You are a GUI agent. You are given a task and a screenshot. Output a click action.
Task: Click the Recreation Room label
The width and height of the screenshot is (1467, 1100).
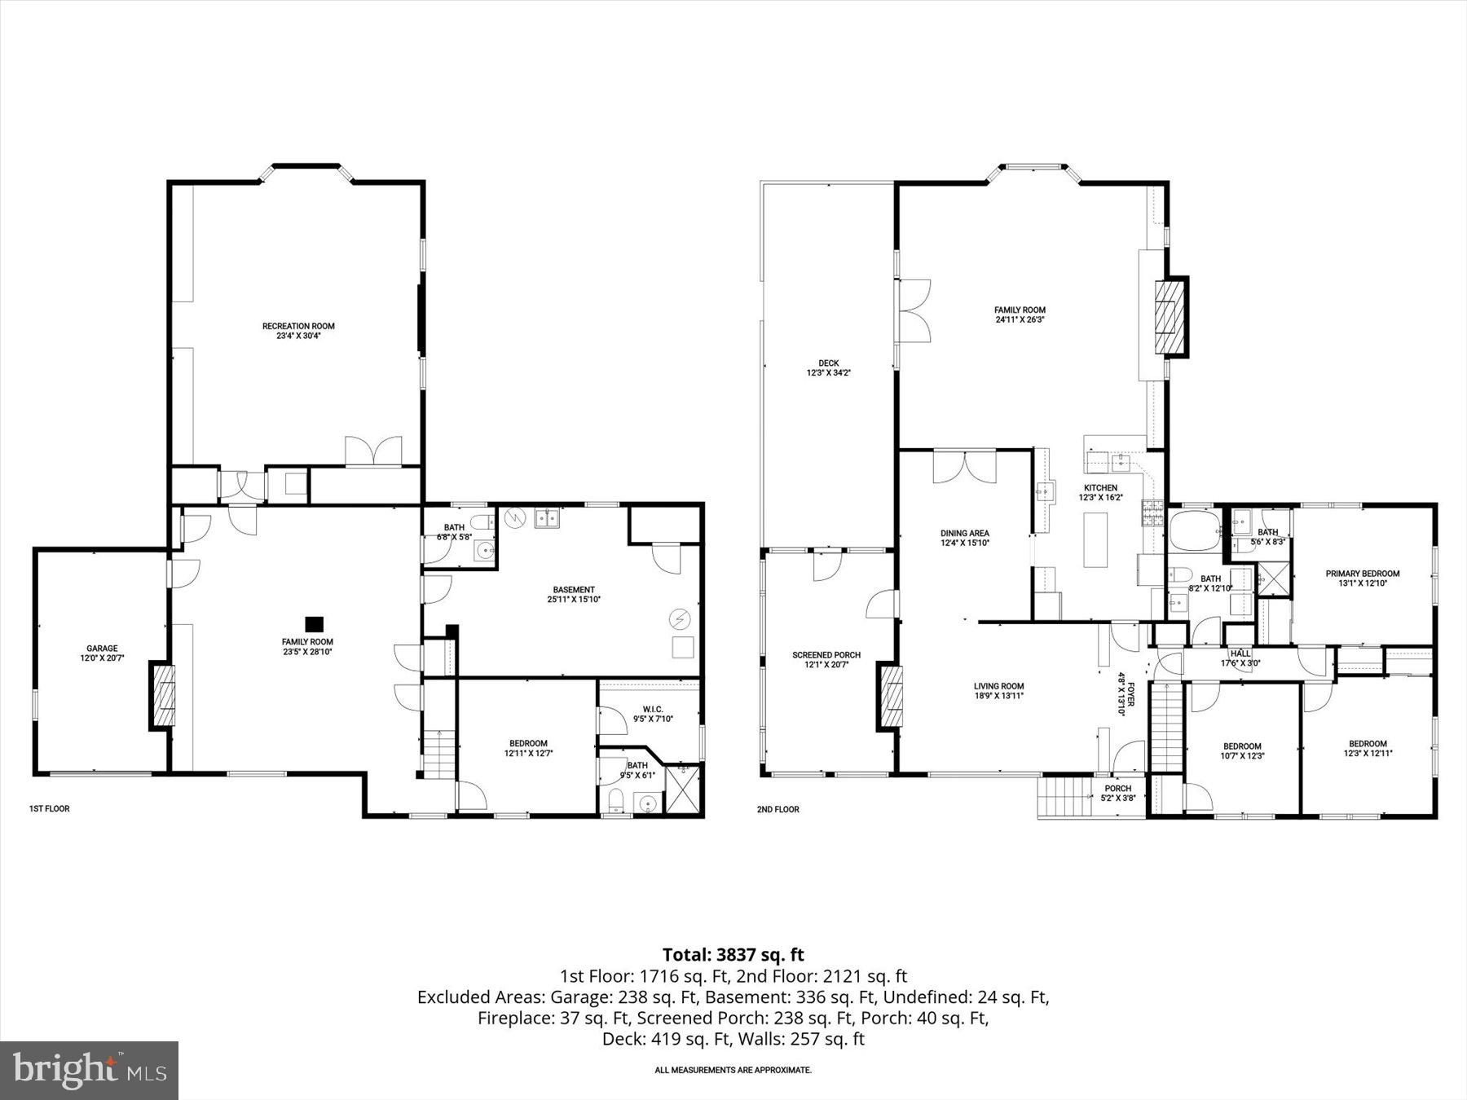point(298,330)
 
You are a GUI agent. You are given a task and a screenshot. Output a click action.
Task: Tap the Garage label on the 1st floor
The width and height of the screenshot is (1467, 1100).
point(102,653)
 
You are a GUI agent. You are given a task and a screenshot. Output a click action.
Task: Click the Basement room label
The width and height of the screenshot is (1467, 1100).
point(574,594)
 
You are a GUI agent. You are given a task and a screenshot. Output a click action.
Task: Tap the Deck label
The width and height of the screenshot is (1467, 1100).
point(828,368)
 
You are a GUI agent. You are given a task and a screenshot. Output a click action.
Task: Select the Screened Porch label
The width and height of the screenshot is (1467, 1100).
point(826,659)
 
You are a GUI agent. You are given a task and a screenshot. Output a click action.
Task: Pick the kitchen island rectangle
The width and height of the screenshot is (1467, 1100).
point(1095,539)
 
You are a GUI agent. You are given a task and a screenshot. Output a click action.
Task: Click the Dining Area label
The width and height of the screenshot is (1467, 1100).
point(965,538)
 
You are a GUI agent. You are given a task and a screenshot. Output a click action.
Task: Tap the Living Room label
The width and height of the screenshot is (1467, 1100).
point(998,690)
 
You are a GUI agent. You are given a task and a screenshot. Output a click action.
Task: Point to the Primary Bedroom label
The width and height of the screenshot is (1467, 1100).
point(1362,578)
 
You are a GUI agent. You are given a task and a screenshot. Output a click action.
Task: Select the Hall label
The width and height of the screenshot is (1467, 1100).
point(1240,658)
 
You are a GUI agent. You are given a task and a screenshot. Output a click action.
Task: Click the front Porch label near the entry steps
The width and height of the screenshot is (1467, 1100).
point(1117,793)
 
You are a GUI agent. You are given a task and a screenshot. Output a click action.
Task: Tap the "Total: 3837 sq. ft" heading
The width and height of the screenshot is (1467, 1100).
point(733,954)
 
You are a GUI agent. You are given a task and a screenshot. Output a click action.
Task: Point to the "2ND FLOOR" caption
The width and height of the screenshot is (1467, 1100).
point(778,809)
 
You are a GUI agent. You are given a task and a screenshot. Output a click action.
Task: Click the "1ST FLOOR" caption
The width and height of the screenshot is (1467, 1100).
point(50,809)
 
